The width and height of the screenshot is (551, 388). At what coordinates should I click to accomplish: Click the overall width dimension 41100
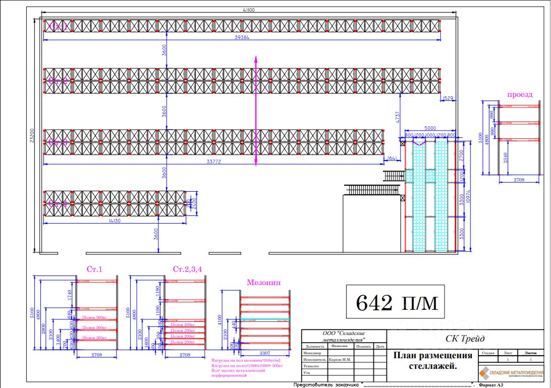(x=247, y=10)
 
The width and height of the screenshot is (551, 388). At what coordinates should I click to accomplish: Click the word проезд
(x=520, y=94)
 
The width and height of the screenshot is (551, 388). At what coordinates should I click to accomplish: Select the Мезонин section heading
(x=263, y=283)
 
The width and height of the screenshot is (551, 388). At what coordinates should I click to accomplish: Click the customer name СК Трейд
(x=465, y=339)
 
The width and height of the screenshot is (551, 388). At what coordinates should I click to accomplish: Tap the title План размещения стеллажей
(x=433, y=360)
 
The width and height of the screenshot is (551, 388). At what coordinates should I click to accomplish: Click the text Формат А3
(x=491, y=385)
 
